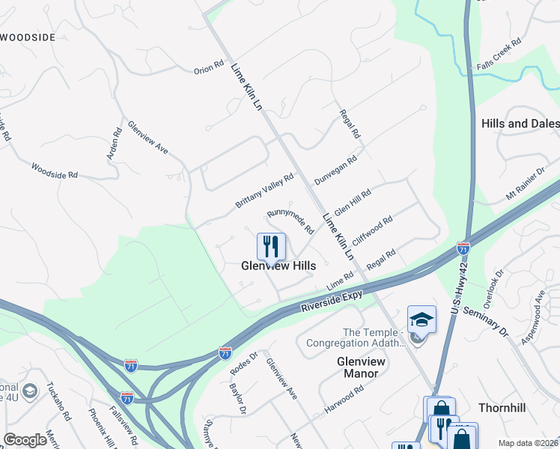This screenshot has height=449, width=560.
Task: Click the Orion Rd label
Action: [x=209, y=67]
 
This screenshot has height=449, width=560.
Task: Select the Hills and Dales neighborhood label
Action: [x=520, y=123]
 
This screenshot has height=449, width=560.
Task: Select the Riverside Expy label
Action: [x=332, y=302]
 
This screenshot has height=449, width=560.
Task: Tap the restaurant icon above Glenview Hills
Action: [x=271, y=246]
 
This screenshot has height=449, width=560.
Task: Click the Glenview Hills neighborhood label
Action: [x=278, y=266]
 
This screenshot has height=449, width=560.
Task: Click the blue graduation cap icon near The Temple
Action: [x=421, y=320]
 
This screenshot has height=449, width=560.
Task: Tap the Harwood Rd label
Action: [x=344, y=399]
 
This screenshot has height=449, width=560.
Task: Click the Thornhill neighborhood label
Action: [x=503, y=408]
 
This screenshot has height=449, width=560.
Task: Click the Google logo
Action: [x=25, y=440]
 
